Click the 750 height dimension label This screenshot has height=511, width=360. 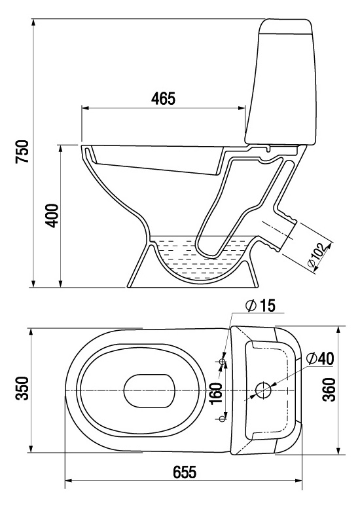tap(23, 151)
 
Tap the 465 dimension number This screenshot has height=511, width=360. tap(163, 98)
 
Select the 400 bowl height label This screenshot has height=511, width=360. tap(52, 216)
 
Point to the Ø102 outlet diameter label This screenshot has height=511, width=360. tap(317, 256)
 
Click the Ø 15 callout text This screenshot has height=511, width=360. tap(261, 306)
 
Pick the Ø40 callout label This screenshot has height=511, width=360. tap(320, 358)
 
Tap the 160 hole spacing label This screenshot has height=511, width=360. tap(217, 393)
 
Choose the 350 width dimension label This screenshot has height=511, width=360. tap(23, 388)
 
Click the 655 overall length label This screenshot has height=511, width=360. tap(185, 472)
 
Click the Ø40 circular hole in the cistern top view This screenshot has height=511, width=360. tap(263, 390)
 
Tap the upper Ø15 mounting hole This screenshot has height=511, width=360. tap(223, 362)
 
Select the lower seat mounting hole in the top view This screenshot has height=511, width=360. tap(223, 419)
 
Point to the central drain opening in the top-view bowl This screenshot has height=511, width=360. tap(149, 390)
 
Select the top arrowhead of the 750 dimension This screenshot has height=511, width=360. tap(33, 22)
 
